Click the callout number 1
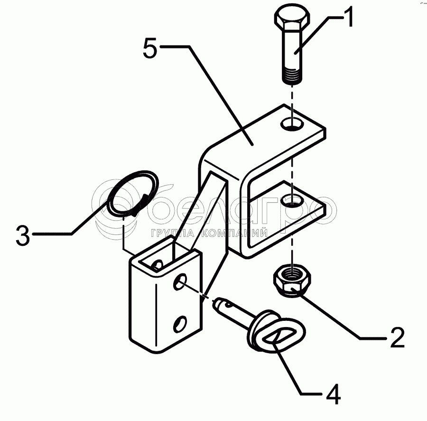(x=346, y=17)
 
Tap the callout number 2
(x=397, y=337)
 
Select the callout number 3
(x=23, y=234)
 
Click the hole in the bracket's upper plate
(x=292, y=124)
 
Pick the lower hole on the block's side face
(x=180, y=324)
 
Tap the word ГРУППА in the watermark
(x=172, y=233)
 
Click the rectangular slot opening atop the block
(x=163, y=258)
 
